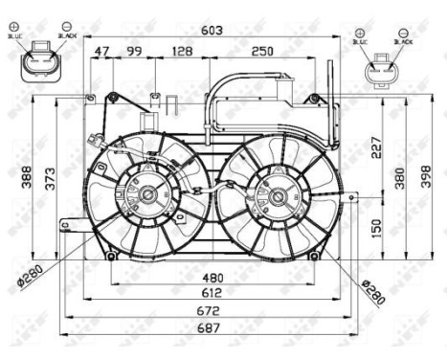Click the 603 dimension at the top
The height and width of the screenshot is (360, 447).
[x=212, y=31]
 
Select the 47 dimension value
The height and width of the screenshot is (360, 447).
[x=102, y=51]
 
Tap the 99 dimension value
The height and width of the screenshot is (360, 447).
[x=133, y=51]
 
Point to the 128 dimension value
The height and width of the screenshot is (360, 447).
[x=182, y=51]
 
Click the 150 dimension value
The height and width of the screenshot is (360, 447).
[x=376, y=227]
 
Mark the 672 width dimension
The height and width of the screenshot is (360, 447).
[x=209, y=310]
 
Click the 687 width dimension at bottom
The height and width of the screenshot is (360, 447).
[x=209, y=326]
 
